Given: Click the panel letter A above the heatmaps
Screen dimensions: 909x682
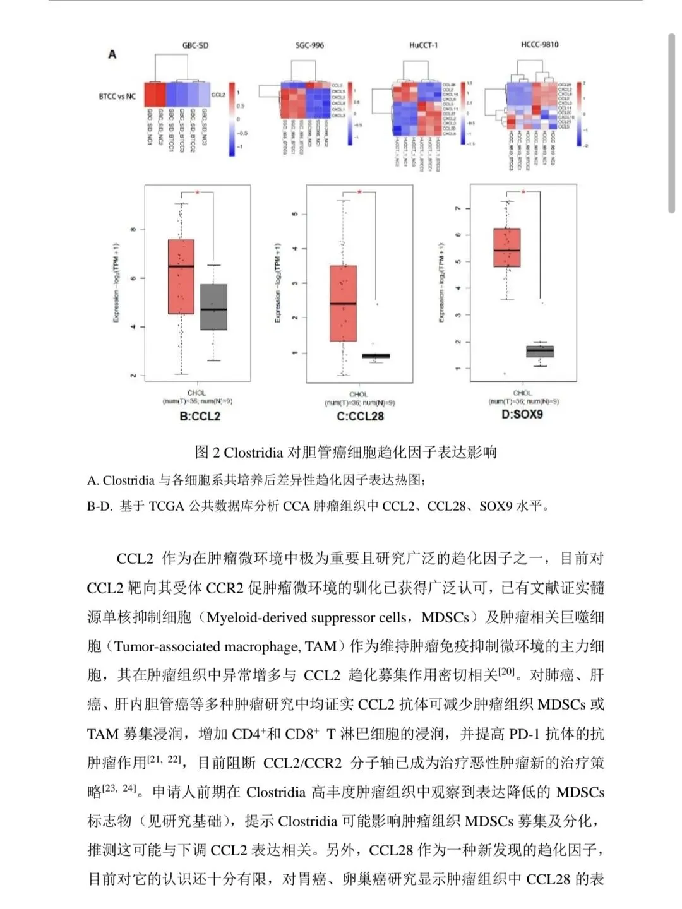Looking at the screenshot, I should coord(112,54).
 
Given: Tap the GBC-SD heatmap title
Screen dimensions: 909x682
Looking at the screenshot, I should coord(195,45).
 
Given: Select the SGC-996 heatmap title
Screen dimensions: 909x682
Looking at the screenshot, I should coord(309,45).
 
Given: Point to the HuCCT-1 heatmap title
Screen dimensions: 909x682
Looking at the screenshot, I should coord(423,45).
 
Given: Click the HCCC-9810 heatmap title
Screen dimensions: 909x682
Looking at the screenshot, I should coord(539,45).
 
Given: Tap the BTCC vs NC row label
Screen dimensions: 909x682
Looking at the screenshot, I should coord(117,97).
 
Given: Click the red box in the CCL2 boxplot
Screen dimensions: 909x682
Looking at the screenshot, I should coord(181,276).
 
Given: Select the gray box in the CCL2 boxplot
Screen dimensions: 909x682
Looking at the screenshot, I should coord(213,307).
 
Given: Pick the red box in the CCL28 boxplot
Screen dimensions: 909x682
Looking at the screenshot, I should coord(343,303).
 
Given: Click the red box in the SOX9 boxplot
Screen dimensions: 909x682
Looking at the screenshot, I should coord(506,247).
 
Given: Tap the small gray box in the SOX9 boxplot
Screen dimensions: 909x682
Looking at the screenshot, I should coord(540,351).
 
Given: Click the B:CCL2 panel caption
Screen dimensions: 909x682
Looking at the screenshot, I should coord(200,416).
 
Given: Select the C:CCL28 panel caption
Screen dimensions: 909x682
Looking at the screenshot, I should coord(360,416).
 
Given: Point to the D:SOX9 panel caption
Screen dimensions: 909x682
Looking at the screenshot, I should coord(522,415).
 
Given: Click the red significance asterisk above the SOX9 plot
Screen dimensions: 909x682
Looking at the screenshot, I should coord(523,191).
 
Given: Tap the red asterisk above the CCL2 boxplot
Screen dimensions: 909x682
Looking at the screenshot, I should coord(197,193).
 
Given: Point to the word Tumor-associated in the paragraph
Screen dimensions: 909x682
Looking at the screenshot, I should coord(163,646).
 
